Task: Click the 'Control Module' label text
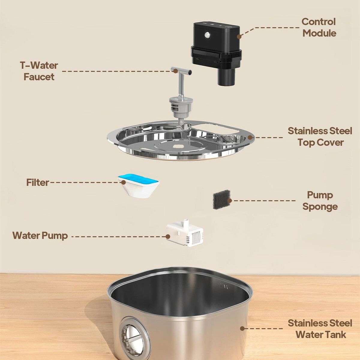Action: (319, 28)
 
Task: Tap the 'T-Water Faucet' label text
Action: (39, 71)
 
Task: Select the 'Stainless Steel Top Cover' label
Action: (320, 136)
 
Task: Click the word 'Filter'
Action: (37, 182)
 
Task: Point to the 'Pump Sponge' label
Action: (320, 201)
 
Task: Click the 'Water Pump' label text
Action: (40, 235)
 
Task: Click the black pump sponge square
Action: (222, 199)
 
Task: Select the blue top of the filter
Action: (138, 178)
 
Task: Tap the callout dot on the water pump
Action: (168, 236)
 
